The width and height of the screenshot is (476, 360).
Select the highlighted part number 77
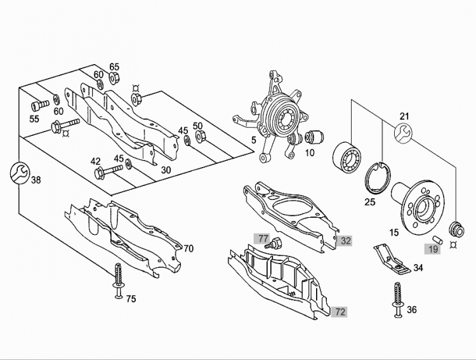(263, 238)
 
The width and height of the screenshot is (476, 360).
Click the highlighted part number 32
(345, 241)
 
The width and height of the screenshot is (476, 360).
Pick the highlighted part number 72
(341, 312)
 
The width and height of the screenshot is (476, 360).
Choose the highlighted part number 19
(433, 250)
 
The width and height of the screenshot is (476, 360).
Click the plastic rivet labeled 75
(118, 278)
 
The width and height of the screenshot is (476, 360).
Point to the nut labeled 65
(115, 78)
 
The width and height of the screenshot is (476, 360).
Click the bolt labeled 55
(41, 103)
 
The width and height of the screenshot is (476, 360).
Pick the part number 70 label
(188, 248)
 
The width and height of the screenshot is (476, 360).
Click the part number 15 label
(394, 233)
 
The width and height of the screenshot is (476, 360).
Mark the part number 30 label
(166, 170)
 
